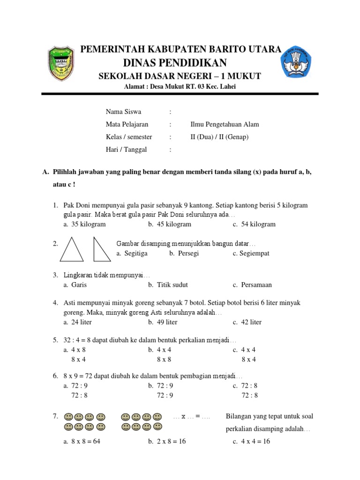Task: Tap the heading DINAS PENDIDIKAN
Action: [175, 63]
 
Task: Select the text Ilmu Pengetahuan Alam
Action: [224, 124]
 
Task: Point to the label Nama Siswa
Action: [123, 112]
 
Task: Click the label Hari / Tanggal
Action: [126, 150]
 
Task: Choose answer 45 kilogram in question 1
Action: [173, 224]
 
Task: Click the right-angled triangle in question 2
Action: [100, 251]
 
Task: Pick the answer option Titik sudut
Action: [171, 285]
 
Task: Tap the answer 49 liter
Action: [166, 322]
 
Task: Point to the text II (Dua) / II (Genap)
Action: [219, 137]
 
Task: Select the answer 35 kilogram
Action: [88, 224]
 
